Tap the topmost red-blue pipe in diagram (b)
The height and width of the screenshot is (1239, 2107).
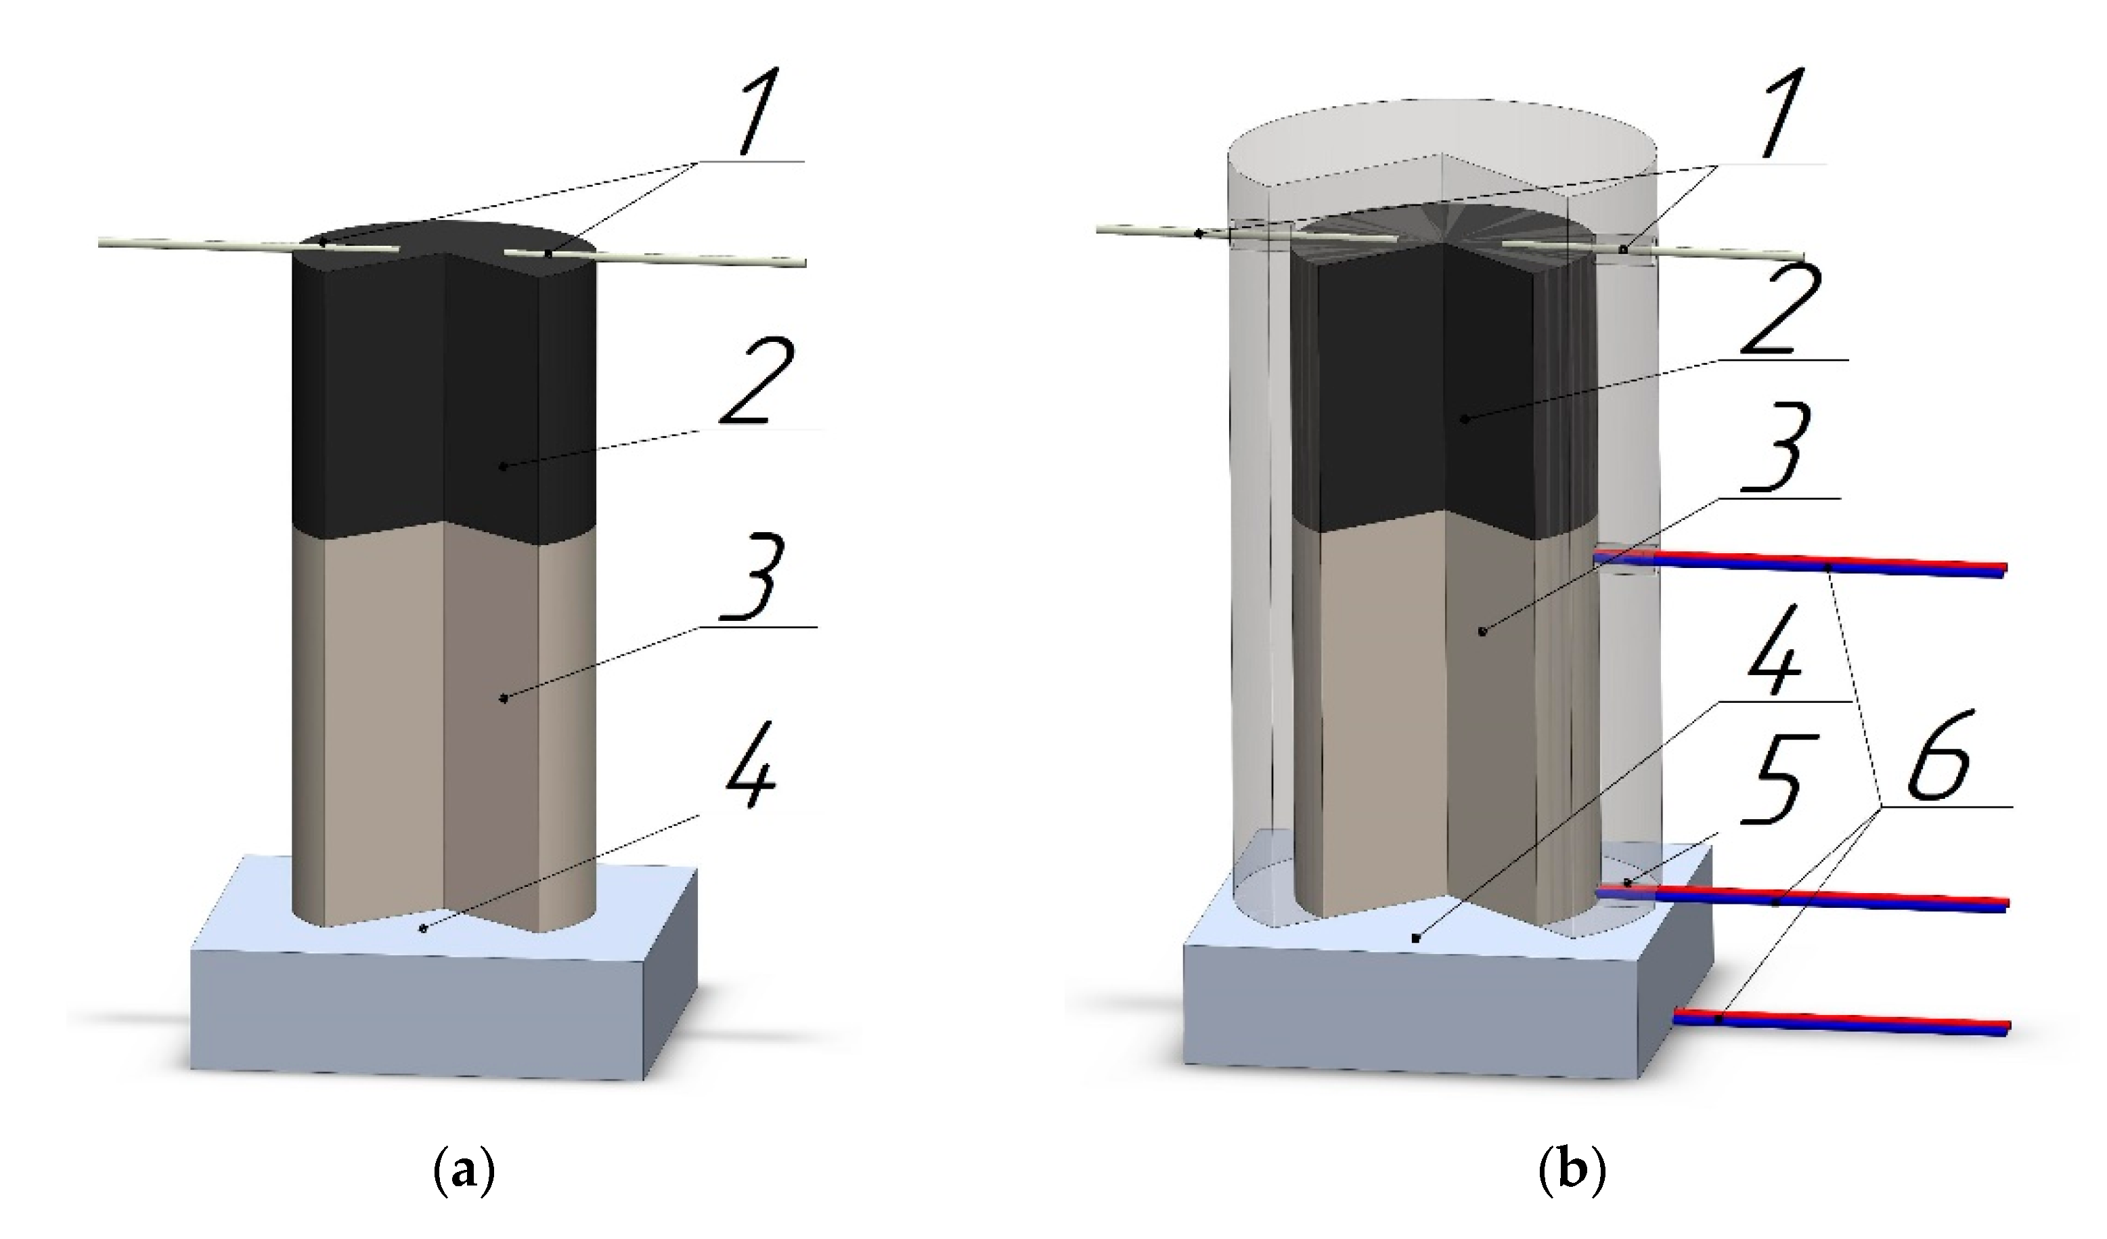(1798, 565)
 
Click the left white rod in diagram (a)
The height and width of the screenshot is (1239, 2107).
(209, 244)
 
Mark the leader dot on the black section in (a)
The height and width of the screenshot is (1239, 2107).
(502, 466)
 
